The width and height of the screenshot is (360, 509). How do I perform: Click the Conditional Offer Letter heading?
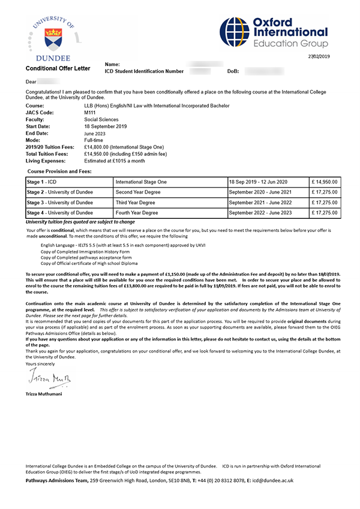pos(58,68)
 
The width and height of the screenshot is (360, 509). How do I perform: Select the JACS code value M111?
pos(90,113)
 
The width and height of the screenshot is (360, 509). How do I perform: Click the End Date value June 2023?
pos(97,133)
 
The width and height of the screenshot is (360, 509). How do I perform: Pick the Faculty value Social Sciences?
pos(101,119)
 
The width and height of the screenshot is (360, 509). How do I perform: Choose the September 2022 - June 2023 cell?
pos(260,213)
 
